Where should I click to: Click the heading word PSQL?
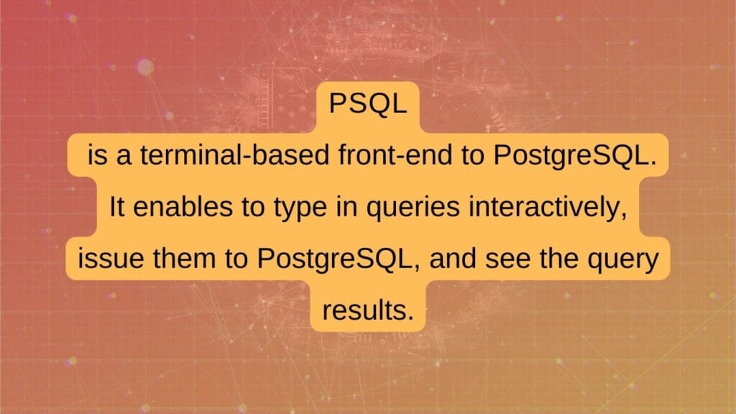368,106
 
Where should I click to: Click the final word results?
368,311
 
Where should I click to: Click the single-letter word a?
123,156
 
